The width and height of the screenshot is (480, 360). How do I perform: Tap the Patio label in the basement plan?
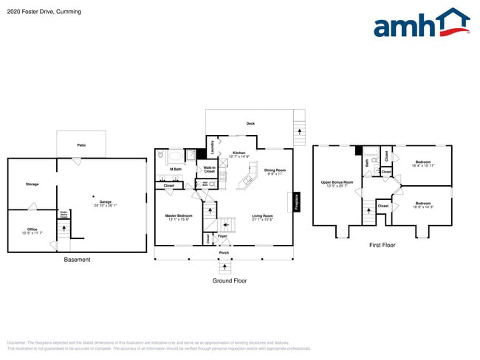coord(80,145)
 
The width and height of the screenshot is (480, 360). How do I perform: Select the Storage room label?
coord(32,184)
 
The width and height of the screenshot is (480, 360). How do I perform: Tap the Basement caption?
coord(77,260)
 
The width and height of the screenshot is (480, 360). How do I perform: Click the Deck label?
coord(250,123)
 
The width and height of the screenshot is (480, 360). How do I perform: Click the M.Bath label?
coord(176,169)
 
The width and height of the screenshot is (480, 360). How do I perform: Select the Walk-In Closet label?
coord(209,169)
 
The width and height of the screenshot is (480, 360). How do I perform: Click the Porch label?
coord(224,252)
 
